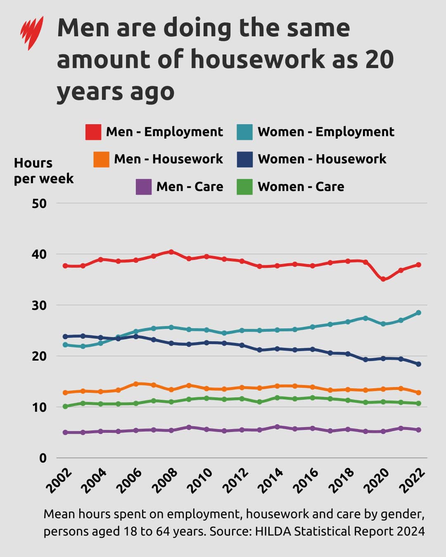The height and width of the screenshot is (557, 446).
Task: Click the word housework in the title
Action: point(257,59)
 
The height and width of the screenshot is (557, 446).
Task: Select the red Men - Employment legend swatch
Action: point(93,132)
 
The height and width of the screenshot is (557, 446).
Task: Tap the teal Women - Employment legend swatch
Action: point(245,132)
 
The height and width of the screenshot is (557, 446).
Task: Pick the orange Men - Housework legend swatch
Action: point(101,159)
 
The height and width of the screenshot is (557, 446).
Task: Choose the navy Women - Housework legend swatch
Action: point(245,159)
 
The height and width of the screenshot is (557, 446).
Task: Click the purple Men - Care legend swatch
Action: point(144,186)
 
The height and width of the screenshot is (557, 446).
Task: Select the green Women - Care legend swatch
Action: point(245,186)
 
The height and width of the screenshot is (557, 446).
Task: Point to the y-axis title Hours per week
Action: point(43,171)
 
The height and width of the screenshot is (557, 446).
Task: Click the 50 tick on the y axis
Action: point(39,203)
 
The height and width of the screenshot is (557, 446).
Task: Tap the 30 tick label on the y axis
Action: point(39,305)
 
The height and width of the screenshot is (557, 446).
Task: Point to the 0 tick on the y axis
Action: point(43,458)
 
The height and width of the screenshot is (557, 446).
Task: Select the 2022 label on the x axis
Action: point(413,481)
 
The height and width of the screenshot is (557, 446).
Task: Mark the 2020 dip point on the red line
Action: point(383,279)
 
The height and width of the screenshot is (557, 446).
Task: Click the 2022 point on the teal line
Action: point(418,313)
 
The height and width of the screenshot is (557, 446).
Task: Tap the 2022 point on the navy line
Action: point(418,364)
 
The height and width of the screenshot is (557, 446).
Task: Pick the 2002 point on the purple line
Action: point(65,432)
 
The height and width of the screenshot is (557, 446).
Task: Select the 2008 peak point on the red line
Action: point(171,252)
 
